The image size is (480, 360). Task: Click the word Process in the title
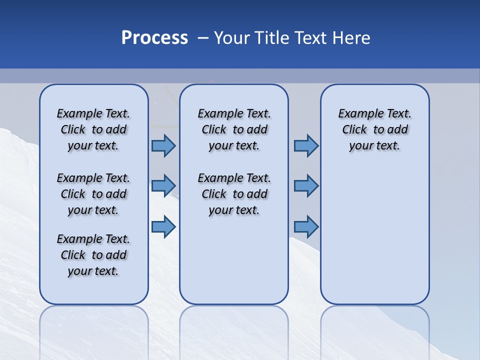coord(154,38)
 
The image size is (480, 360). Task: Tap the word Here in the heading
coord(352,38)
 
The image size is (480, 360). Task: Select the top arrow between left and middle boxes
coord(163,145)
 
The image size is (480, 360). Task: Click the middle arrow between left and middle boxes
coord(163,186)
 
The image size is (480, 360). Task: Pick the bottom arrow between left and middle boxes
coord(163,226)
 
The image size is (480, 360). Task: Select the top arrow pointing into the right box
coord(306,145)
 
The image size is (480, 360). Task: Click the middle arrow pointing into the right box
coord(306,186)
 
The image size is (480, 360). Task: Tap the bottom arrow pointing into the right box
coord(306,226)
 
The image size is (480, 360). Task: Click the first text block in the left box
coord(93,129)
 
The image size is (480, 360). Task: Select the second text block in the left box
coord(93,194)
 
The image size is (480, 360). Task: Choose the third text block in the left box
coord(93,255)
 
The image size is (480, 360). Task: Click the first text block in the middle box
coord(234,129)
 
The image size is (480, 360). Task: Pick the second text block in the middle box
coord(234,194)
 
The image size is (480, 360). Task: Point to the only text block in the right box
coord(374,129)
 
